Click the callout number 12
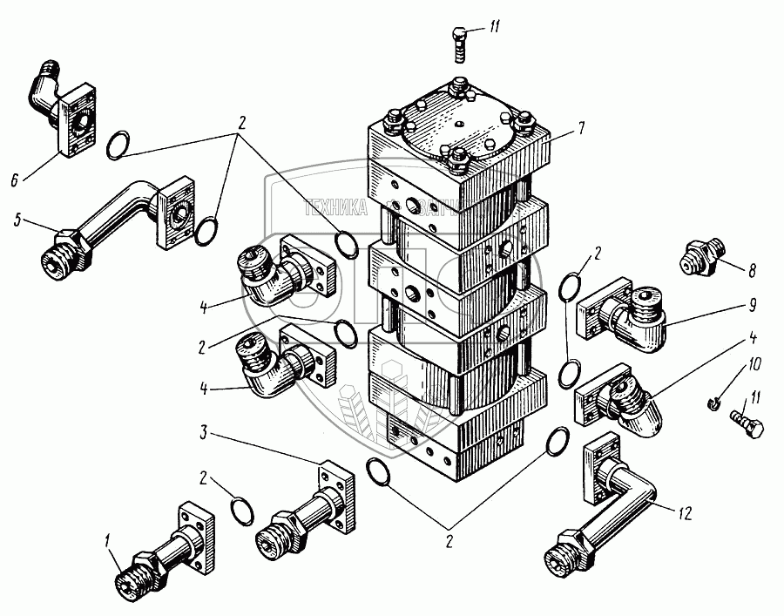pyautogui.click(x=686, y=514)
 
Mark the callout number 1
pyautogui.click(x=109, y=541)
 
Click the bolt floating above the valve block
pyautogui.click(x=460, y=43)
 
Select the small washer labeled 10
pyautogui.click(x=714, y=403)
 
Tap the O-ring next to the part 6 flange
pyautogui.click(x=119, y=145)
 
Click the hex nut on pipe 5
pyautogui.click(x=68, y=240)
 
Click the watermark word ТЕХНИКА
pyautogui.click(x=336, y=208)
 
